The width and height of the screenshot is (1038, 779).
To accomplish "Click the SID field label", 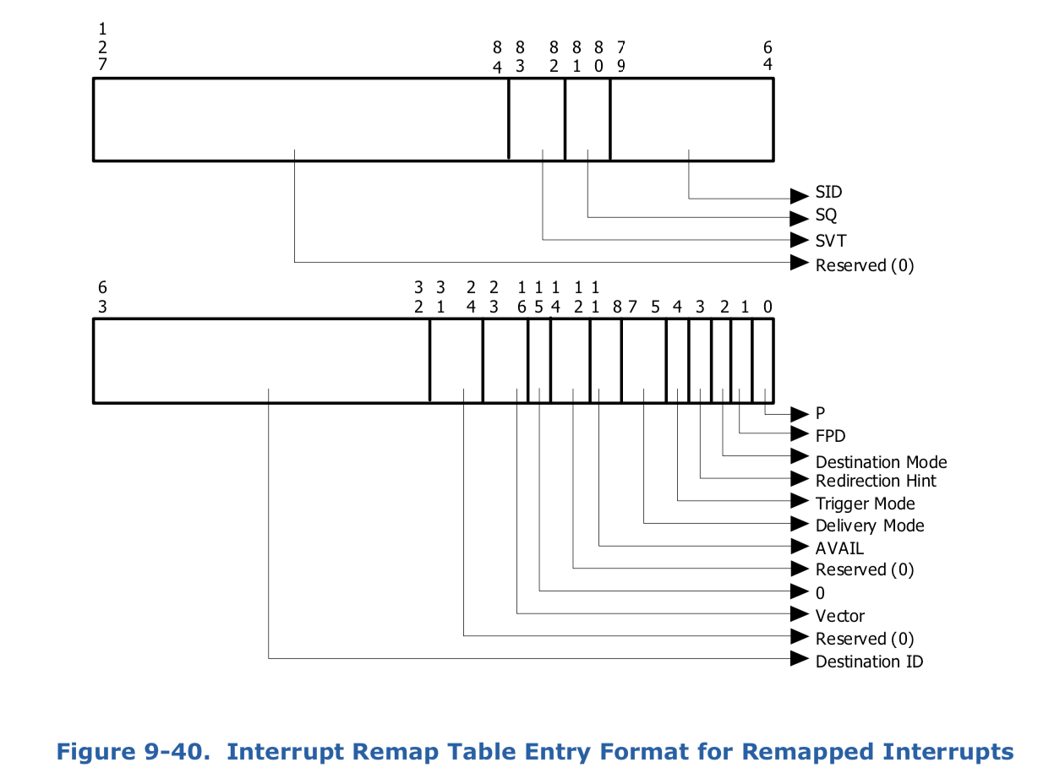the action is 828,192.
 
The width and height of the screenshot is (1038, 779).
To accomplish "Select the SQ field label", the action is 826,215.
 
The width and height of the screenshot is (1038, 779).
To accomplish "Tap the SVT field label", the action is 830,241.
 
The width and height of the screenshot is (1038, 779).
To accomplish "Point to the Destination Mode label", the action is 881,462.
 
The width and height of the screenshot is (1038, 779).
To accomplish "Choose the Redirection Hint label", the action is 876,481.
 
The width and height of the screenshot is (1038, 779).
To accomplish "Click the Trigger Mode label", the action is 865,504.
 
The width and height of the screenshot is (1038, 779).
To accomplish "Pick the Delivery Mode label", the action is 870,526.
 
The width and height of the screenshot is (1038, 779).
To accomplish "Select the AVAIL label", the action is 839,548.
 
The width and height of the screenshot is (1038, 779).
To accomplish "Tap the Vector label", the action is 840,616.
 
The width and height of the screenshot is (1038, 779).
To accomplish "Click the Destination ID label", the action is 869,662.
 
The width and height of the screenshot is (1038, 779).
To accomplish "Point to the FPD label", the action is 830,436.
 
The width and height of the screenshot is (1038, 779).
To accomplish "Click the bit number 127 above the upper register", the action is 102,46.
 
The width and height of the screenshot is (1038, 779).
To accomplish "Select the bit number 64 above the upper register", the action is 768,56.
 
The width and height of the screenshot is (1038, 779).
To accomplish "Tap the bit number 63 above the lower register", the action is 102,297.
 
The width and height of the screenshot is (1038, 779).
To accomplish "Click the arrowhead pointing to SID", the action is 800,196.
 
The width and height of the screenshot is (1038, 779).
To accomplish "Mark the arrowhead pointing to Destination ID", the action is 800,658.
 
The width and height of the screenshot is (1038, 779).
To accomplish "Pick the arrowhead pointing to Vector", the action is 800,614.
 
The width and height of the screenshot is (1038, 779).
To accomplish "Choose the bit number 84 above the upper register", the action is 496,57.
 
